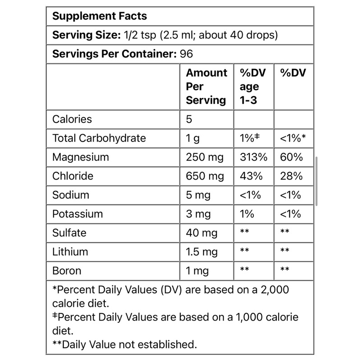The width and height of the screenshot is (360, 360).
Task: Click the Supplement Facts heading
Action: [99, 16]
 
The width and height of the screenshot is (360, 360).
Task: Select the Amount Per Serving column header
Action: [206, 86]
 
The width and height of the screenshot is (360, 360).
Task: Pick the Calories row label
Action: [72, 119]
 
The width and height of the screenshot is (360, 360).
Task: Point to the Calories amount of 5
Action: [189, 119]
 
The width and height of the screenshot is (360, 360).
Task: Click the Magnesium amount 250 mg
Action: [205, 157]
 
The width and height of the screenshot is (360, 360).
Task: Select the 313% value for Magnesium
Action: [253, 157]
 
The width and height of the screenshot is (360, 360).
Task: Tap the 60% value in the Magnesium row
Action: [291, 157]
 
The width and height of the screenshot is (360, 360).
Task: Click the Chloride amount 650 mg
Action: [205, 176]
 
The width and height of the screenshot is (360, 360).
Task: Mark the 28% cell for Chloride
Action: [291, 176]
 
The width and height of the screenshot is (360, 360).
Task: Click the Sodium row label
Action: [71, 195]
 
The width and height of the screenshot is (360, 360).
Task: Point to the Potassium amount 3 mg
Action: [198, 214]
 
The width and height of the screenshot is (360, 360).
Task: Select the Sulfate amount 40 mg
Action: [201, 233]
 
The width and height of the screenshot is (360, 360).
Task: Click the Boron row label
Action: [67, 270]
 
